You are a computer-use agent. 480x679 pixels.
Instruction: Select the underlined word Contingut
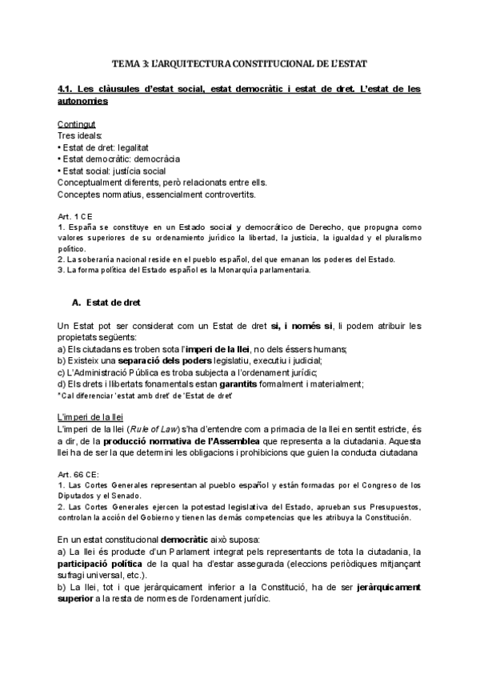[x=77, y=125]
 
